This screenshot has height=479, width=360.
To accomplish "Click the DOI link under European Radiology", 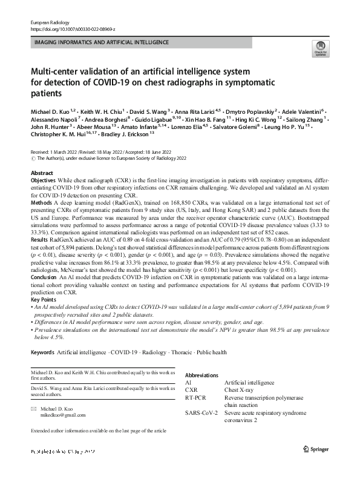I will pyautogui.click(x=73, y=28).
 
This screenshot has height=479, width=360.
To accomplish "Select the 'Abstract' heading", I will pyautogui.click(x=42, y=173).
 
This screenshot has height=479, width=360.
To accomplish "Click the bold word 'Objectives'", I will pyautogui.click(x=43, y=181).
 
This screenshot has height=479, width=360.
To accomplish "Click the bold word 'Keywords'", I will pyautogui.click(x=42, y=352).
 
